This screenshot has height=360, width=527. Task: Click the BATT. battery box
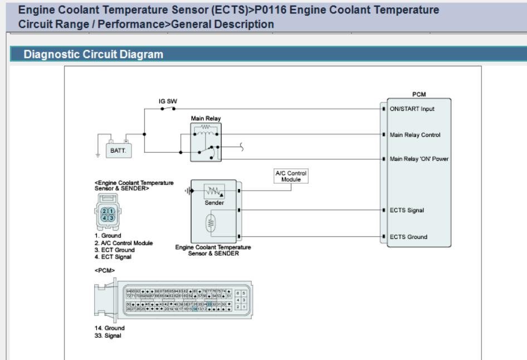click(x=120, y=150)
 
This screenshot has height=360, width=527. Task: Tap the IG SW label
click(x=168, y=101)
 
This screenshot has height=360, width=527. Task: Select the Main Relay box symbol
click(x=206, y=142)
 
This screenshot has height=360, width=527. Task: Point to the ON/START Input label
click(x=412, y=109)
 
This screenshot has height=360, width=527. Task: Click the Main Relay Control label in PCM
click(x=415, y=135)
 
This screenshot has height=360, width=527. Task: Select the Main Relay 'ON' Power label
click(x=419, y=159)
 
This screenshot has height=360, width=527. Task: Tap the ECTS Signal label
click(x=407, y=211)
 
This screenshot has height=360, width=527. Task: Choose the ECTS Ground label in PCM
click(x=408, y=237)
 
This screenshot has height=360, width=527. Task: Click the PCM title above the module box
click(x=418, y=95)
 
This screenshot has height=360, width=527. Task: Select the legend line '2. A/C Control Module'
click(x=123, y=243)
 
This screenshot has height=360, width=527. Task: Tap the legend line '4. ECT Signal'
click(x=113, y=257)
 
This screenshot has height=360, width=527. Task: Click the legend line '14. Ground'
click(x=109, y=328)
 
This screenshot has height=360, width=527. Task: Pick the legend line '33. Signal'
click(x=108, y=335)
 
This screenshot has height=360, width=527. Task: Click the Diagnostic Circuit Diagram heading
click(x=93, y=54)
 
